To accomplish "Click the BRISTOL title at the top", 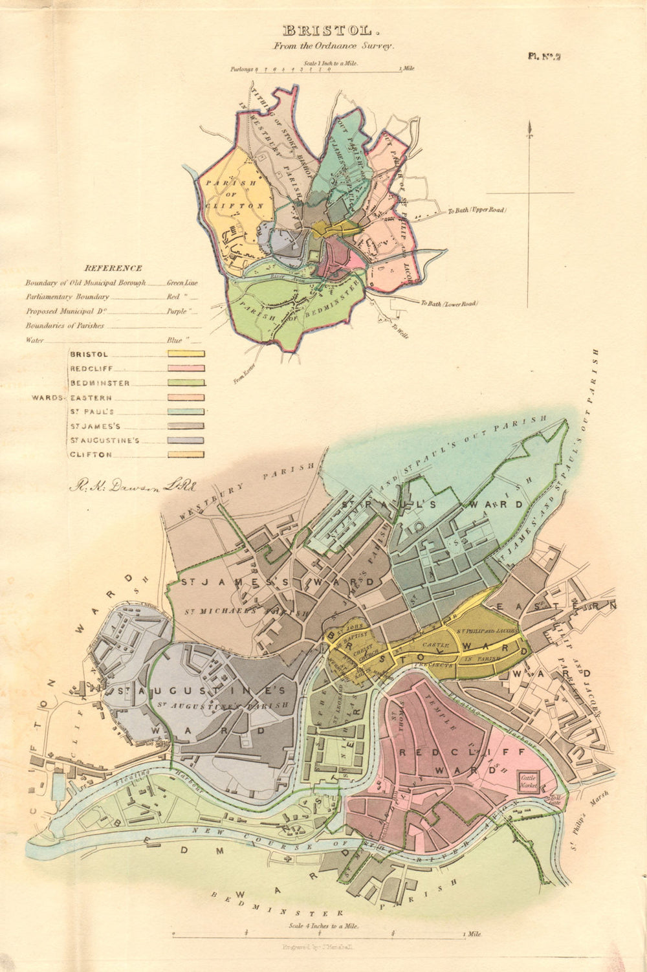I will [327, 30].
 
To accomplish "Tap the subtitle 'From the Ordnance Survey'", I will [333, 46].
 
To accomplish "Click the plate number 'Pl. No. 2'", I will [543, 56].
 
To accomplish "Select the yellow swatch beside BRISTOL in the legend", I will [186, 354].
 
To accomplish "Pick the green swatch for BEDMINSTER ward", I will [186, 383].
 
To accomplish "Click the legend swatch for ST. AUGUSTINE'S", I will [186, 441].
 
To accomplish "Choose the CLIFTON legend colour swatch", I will [186, 455].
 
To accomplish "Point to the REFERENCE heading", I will [114, 268].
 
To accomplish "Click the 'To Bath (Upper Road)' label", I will [477, 210].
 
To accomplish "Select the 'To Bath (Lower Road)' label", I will [448, 303].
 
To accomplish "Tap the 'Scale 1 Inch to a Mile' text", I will [329, 64].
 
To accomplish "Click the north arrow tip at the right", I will [531, 126].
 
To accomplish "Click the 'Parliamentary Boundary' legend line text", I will [67, 297].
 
